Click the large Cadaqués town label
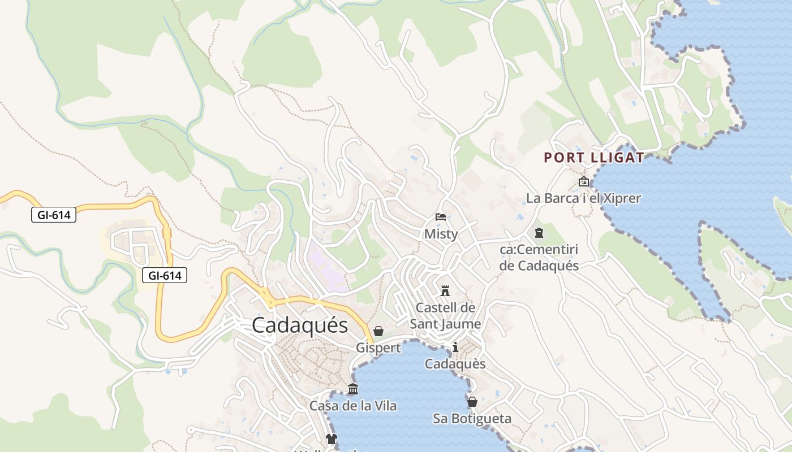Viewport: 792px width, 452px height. pyautogui.click(x=300, y=325)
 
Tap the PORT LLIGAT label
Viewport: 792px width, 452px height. pyautogui.click(x=594, y=158)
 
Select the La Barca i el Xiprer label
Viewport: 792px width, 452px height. pyautogui.click(x=583, y=198)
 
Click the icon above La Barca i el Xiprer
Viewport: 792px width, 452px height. pyautogui.click(x=584, y=181)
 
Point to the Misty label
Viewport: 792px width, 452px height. pyautogui.click(x=441, y=234)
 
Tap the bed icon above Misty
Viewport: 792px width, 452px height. pyautogui.click(x=441, y=216)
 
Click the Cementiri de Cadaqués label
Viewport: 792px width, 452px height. pyautogui.click(x=539, y=258)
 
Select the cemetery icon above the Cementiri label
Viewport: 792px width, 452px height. pyautogui.click(x=539, y=232)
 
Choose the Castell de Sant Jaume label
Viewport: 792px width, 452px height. pyautogui.click(x=445, y=316)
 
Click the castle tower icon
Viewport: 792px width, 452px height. pyautogui.click(x=445, y=291)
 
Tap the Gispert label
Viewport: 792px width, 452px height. pyautogui.click(x=378, y=348)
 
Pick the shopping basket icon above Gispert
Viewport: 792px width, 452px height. pyautogui.click(x=378, y=331)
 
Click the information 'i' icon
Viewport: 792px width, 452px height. pyautogui.click(x=455, y=347)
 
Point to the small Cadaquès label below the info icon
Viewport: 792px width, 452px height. pyautogui.click(x=455, y=364)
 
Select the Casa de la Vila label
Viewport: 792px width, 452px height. pyautogui.click(x=353, y=406)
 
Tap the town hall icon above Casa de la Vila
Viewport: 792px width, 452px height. pyautogui.click(x=353, y=389)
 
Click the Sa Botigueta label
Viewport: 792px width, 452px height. pyautogui.click(x=472, y=419)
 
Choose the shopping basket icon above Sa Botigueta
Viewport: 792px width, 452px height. pyautogui.click(x=472, y=402)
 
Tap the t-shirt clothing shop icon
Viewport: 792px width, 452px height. pyautogui.click(x=331, y=439)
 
